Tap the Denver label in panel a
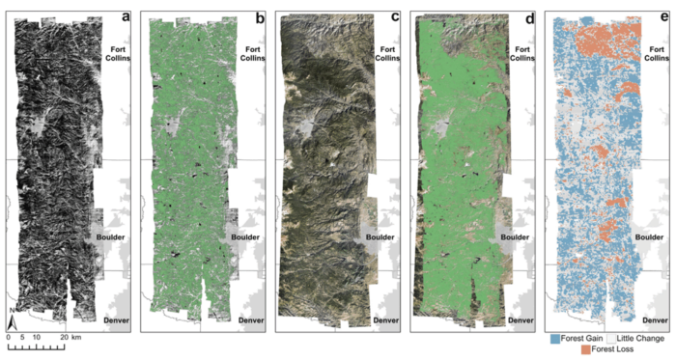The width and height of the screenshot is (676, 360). pos(115,318)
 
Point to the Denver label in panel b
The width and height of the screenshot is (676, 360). pos(250,318)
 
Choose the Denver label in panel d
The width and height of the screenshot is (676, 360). pos(520,318)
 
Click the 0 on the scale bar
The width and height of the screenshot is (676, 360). pos(9,336)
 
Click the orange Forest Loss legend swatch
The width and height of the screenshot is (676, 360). pos(586,351)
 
